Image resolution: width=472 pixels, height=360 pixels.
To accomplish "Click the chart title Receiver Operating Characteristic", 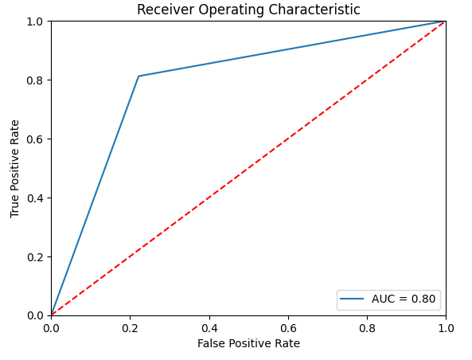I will (248, 10).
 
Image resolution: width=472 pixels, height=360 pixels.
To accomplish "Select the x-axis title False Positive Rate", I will (248, 343).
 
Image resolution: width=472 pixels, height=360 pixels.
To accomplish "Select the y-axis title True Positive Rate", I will (15, 168).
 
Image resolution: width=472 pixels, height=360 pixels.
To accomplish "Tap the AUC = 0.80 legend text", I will (404, 299).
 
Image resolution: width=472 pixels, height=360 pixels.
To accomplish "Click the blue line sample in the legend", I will (353, 299).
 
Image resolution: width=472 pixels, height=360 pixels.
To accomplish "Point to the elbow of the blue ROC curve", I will (138, 76).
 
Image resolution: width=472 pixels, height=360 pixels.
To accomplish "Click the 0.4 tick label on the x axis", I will (209, 327).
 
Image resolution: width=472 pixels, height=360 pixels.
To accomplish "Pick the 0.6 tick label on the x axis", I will (287, 327).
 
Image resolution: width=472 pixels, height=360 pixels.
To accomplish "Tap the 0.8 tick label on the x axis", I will (367, 327).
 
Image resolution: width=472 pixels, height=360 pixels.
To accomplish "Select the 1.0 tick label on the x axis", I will (446, 327).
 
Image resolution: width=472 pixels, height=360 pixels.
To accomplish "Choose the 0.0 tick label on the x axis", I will (51, 327).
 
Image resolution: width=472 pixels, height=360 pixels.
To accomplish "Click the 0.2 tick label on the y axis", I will (35, 256).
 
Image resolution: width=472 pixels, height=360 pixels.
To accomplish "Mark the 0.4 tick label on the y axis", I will (35, 198).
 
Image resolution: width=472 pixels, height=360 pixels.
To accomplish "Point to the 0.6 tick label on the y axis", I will (35, 139).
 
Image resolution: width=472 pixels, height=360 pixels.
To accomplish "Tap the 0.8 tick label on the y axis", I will (35, 80).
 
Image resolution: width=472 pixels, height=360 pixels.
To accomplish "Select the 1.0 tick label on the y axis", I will (35, 21).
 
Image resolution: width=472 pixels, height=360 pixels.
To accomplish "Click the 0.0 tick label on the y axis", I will (35, 315).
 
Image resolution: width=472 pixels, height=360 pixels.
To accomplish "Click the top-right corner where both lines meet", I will (446, 21).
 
